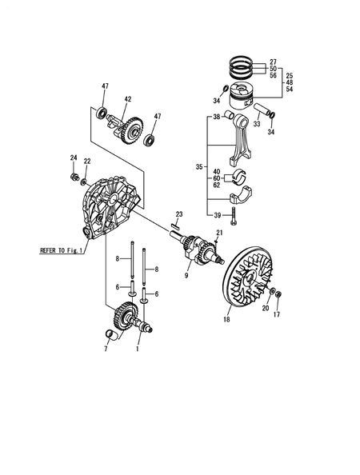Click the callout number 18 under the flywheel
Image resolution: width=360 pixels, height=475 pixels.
point(227,319)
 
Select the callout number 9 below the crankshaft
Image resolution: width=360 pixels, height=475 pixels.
point(186,277)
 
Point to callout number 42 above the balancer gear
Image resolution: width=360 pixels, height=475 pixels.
point(127,100)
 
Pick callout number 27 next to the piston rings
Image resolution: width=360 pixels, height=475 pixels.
point(273,62)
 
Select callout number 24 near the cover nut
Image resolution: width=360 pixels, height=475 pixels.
point(73,158)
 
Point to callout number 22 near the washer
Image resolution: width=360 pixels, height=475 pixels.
point(88,162)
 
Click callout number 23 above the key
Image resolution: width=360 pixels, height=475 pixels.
point(180,214)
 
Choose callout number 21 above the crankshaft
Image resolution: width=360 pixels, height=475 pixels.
point(219,233)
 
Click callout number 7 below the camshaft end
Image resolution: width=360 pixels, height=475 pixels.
point(105,349)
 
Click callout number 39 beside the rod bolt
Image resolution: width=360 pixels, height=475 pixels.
point(216,215)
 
